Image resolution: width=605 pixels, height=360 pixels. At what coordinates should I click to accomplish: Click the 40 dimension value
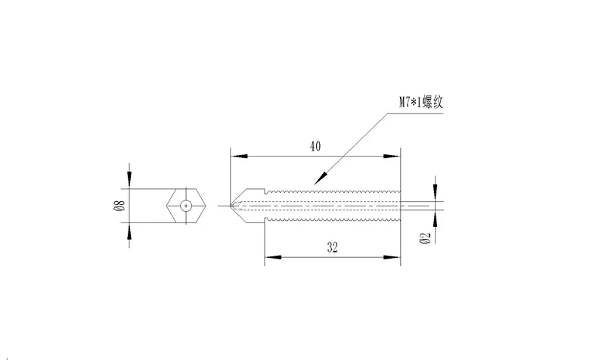pos(315,146)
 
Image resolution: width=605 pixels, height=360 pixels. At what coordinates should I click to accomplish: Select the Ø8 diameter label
pos(118,204)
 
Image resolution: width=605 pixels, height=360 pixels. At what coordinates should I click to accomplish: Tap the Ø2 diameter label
pos(425,238)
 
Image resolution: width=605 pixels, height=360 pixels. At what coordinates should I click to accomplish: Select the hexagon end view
pos(186,205)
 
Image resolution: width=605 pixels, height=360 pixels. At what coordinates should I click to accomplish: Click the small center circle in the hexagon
pos(186,205)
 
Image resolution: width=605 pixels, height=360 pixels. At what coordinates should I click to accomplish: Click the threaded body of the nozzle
pos(333,205)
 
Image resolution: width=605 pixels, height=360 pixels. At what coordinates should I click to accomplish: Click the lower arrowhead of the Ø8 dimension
pos(130,230)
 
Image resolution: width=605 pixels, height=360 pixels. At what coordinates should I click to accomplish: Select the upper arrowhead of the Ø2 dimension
pos(434,192)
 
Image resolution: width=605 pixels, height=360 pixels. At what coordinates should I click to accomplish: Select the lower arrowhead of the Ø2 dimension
pos(434,217)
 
